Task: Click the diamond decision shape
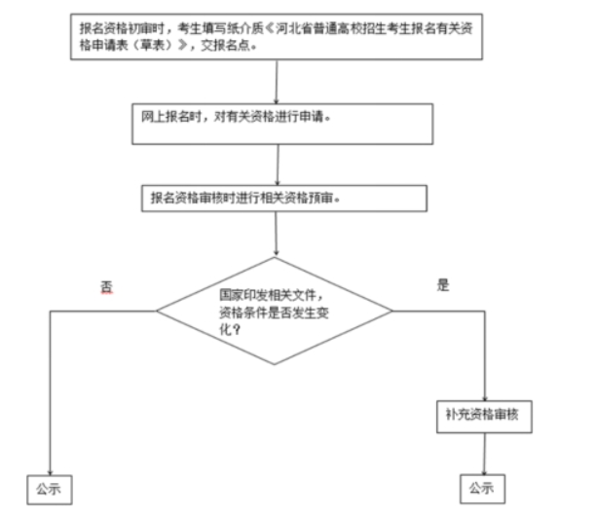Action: coord(275,312)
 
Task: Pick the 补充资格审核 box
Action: coord(485,416)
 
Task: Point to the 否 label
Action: coord(107,287)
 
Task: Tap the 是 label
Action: coord(443,285)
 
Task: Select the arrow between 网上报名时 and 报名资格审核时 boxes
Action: coord(279,163)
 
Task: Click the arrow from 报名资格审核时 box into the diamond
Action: coord(279,234)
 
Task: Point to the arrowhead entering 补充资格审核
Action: coord(485,393)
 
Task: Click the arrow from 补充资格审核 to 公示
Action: coord(483,453)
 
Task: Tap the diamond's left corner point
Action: coord(158,312)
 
